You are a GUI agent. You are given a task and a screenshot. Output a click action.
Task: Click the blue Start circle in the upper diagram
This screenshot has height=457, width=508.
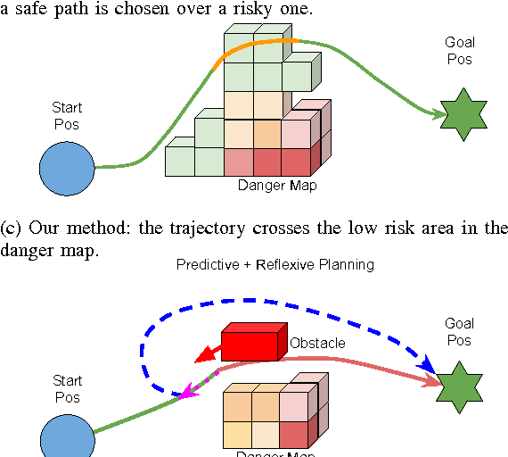click(68, 167)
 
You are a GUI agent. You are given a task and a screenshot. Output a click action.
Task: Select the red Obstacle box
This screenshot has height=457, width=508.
click(253, 340)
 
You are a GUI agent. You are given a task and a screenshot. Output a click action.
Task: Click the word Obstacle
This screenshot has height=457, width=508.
click(317, 343)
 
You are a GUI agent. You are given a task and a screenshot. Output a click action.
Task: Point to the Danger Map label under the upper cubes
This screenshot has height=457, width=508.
click(277, 187)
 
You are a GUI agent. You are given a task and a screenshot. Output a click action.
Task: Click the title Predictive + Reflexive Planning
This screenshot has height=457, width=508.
click(274, 264)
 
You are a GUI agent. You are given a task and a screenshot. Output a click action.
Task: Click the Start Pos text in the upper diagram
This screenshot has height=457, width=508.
click(67, 115)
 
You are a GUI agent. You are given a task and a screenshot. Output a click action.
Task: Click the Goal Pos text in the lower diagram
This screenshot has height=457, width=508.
click(460, 332)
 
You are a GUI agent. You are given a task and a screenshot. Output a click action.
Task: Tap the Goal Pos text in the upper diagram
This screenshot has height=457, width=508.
click(460, 51)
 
